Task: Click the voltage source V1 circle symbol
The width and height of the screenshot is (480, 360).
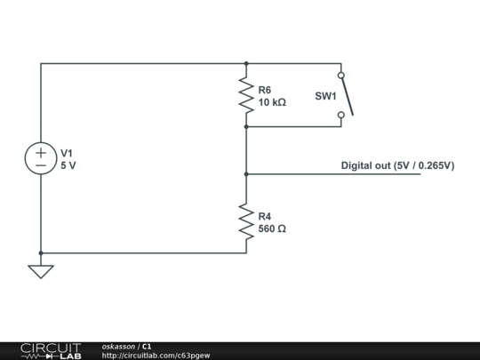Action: point(41,159)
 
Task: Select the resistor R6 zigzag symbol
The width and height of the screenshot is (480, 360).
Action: point(246,95)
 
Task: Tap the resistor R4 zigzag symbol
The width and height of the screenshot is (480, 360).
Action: point(246,221)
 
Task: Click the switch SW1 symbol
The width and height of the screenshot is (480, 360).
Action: point(345,95)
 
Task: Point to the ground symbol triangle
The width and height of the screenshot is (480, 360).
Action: point(41,270)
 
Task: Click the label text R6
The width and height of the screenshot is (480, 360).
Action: point(265,90)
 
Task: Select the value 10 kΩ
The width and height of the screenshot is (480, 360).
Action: point(272,102)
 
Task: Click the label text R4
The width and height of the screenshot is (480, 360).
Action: point(265,216)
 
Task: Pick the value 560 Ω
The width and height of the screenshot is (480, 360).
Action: point(272,228)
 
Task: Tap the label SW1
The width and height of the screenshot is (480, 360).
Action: point(325,96)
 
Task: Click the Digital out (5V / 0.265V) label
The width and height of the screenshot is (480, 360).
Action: point(397,165)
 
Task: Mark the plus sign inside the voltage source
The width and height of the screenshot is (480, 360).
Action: point(41,152)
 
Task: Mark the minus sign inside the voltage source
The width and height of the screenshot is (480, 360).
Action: point(41,166)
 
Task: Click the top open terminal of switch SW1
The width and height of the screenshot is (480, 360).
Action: point(340,76)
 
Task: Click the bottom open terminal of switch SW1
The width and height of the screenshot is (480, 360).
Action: point(340,115)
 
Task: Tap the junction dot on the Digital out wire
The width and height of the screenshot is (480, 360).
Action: point(246,174)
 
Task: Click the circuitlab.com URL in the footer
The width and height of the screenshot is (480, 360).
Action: point(156,356)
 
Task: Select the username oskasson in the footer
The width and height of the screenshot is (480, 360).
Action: point(118,346)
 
